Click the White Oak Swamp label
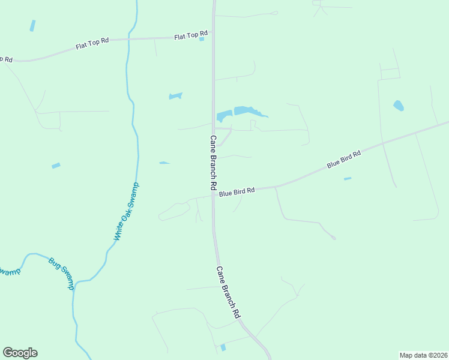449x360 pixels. (x=126, y=212)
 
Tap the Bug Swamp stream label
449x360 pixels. (x=62, y=274)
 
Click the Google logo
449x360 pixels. (x=20, y=353)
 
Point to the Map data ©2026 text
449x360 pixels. (x=423, y=355)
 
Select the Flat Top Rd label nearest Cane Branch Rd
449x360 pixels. (x=190, y=36)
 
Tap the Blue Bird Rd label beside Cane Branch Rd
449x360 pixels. (x=237, y=191)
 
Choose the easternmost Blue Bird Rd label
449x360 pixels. (x=343, y=160)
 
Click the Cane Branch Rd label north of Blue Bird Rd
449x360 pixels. (x=213, y=163)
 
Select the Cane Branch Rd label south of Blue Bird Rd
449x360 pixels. (x=228, y=292)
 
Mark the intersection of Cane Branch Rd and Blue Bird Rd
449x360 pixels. (x=213, y=194)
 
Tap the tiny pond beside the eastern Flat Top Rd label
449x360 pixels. (x=202, y=39)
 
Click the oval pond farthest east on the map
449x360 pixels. (x=398, y=106)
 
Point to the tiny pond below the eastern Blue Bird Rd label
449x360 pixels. (x=348, y=178)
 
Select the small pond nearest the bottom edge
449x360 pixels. (x=223, y=347)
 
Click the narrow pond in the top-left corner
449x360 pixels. (x=32, y=26)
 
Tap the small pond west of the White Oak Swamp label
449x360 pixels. (x=56, y=166)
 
